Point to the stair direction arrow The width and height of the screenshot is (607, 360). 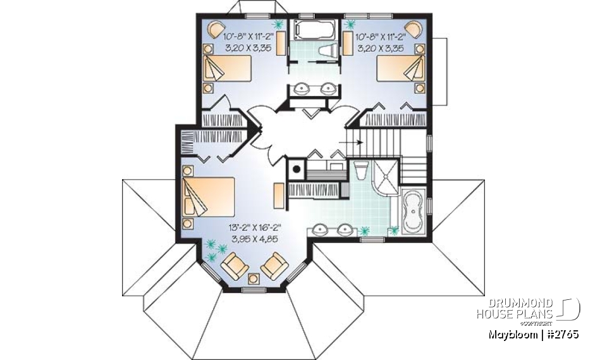point(353,142)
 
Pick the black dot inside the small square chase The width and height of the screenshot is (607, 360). point(295,170)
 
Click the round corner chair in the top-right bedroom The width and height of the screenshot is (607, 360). point(414,28)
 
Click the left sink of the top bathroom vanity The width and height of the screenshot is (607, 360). point(301,89)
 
